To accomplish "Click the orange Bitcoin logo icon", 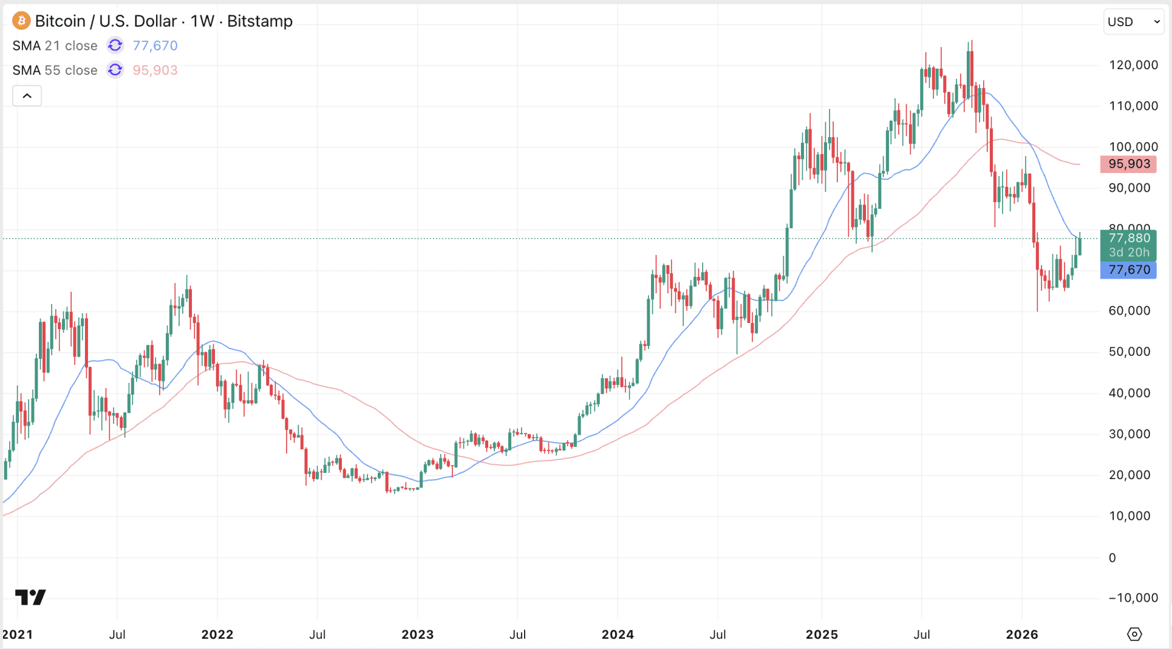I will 21,21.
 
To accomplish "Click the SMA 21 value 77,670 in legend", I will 155,46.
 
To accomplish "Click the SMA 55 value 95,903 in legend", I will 155,70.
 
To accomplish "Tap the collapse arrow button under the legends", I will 27,96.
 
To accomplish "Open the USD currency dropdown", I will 1133,22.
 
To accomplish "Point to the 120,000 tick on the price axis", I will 1133,65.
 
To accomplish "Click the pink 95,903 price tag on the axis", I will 1128,164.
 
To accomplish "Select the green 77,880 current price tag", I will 1128,238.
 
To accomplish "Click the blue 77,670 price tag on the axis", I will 1128,270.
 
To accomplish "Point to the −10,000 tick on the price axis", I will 1133,598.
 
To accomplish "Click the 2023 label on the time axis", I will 417,634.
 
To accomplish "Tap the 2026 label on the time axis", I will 1022,634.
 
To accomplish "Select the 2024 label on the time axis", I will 618,634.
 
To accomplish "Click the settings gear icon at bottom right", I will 1134,634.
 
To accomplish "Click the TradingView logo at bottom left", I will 30,597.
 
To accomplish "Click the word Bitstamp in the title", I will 260,21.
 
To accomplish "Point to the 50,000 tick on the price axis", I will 1129,352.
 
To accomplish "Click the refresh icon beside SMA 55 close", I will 115,70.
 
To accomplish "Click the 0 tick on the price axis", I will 1112,558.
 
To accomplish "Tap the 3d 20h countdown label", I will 1128,253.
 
